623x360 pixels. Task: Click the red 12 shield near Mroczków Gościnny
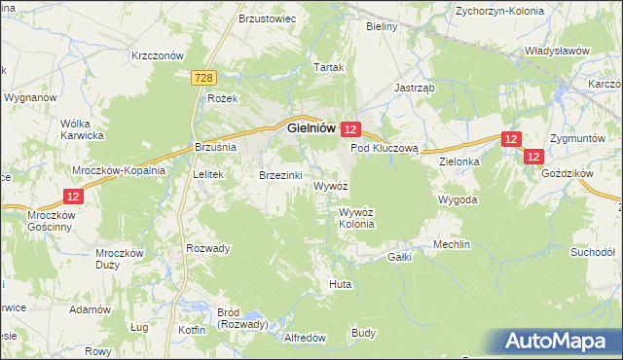(x=74, y=196)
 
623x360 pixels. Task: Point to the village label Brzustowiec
(x=266, y=18)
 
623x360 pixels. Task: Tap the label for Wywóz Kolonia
(x=356, y=218)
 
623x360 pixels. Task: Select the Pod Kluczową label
(x=384, y=149)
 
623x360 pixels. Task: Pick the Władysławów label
(x=558, y=50)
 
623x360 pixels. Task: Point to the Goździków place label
(x=570, y=171)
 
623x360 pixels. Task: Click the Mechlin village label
(x=452, y=244)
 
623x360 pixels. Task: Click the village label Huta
(x=340, y=284)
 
